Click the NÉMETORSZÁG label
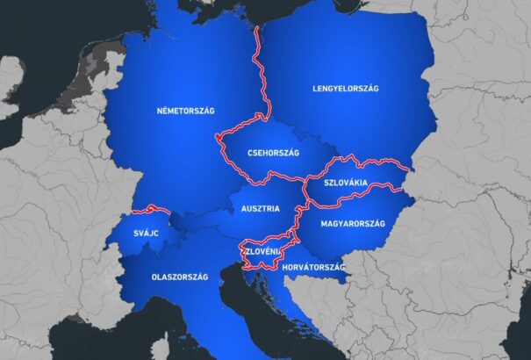click(x=185, y=111)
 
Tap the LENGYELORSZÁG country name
click(x=345, y=88)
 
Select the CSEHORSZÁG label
click(x=273, y=153)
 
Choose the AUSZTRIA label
click(x=261, y=209)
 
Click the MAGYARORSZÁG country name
click(x=353, y=223)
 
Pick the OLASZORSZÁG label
click(x=179, y=277)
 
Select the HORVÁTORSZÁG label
click(x=315, y=267)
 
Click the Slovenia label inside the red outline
click(x=262, y=252)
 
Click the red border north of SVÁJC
click(x=149, y=209)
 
